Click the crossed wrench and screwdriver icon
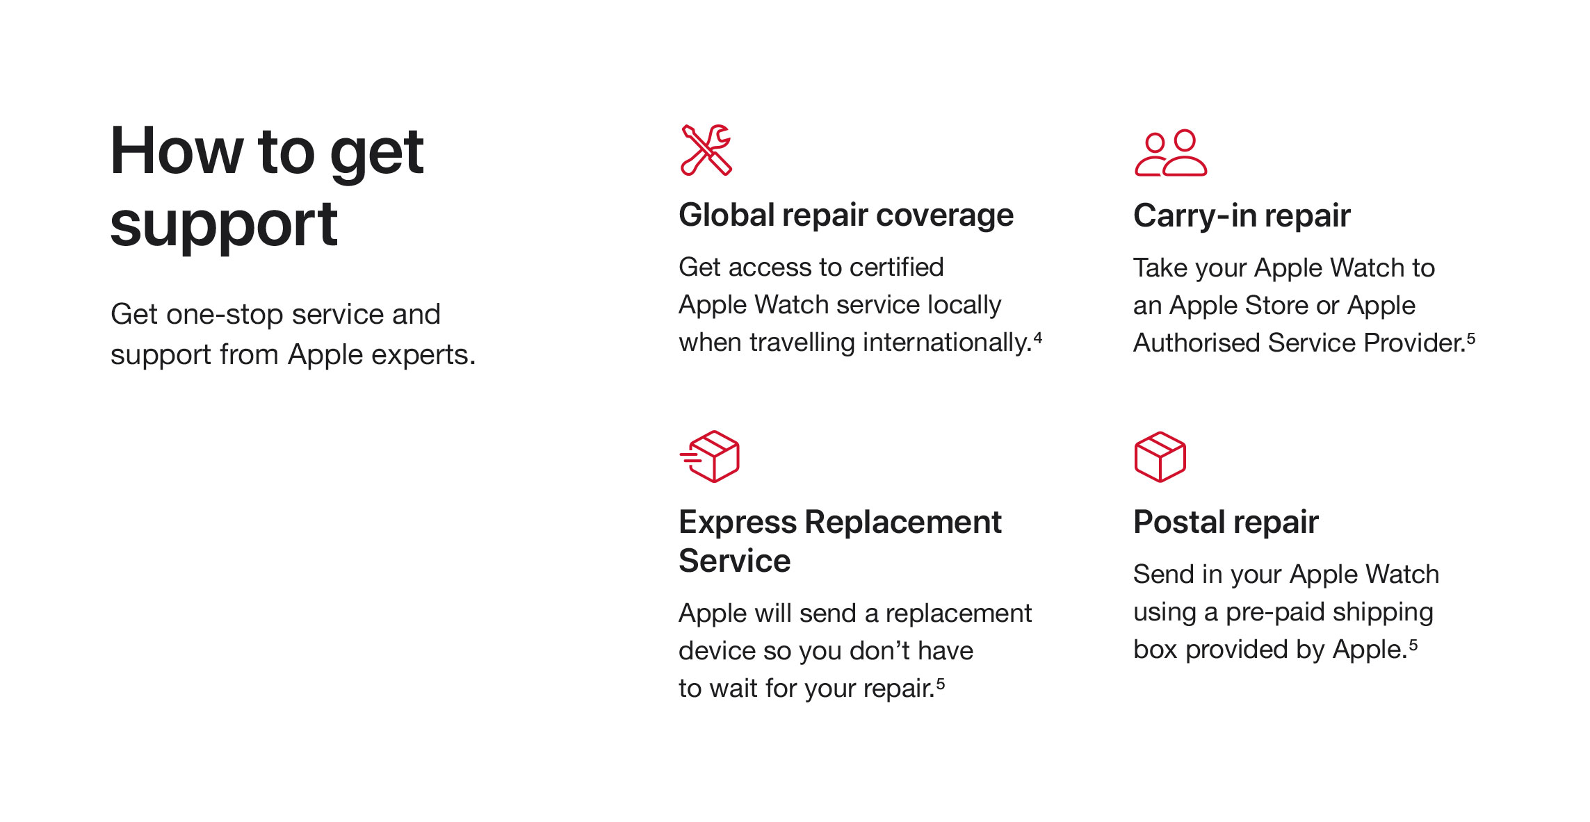[x=706, y=150]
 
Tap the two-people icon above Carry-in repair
[x=1171, y=153]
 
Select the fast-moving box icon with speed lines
[x=710, y=457]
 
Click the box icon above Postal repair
[x=1160, y=457]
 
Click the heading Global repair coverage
[x=846, y=215]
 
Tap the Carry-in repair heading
[x=1242, y=215]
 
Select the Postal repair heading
[x=1226, y=523]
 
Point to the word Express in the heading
[x=738, y=523]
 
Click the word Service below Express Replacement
[x=735, y=561]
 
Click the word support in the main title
[x=224, y=227]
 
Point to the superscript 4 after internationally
[x=1038, y=338]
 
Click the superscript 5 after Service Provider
[x=1471, y=339]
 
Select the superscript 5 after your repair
[x=941, y=684]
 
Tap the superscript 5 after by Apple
[x=1413, y=646]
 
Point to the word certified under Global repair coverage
[x=897, y=268]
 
